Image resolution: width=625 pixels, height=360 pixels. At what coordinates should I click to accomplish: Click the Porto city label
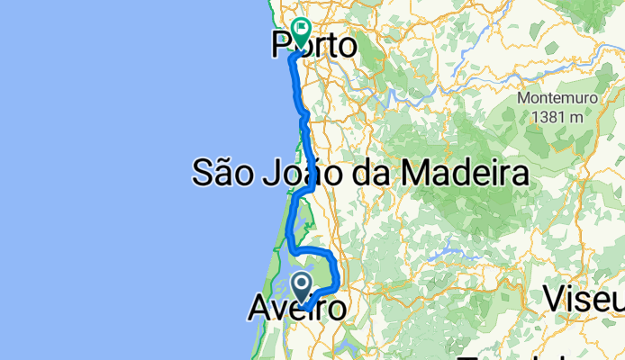point(313,45)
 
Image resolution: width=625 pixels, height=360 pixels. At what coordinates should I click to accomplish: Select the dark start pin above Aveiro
point(303,287)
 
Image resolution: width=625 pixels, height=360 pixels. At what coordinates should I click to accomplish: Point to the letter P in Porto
point(282,45)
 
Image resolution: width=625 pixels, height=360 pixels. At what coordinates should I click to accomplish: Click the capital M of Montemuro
point(522,98)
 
